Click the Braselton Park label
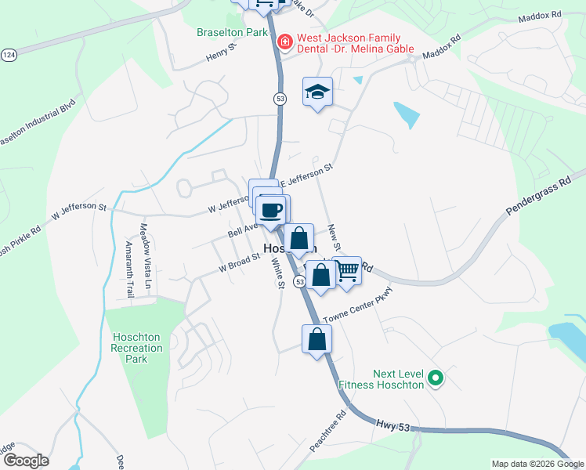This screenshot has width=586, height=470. click(232, 33)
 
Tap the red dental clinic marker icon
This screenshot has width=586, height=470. click(284, 40)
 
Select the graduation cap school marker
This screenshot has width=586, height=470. click(317, 92)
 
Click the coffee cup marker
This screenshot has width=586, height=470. click(272, 211)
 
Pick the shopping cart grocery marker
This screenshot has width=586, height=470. click(347, 272)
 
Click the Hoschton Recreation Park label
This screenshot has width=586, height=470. click(136, 348)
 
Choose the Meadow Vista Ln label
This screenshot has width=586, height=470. click(143, 250)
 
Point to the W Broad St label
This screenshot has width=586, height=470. click(240, 262)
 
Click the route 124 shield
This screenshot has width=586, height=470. click(9, 55)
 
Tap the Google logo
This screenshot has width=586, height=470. click(25, 460)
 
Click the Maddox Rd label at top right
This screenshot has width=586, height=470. click(540, 15)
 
